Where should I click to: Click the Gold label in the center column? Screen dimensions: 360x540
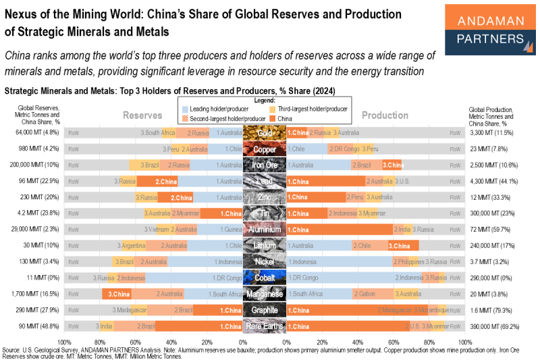point(264,133)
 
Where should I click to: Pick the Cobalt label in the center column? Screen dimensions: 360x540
point(264,278)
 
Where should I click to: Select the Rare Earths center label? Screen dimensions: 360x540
point(264,326)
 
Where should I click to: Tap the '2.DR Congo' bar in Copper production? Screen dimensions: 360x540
point(343,149)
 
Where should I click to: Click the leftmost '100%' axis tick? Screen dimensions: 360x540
point(66,342)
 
